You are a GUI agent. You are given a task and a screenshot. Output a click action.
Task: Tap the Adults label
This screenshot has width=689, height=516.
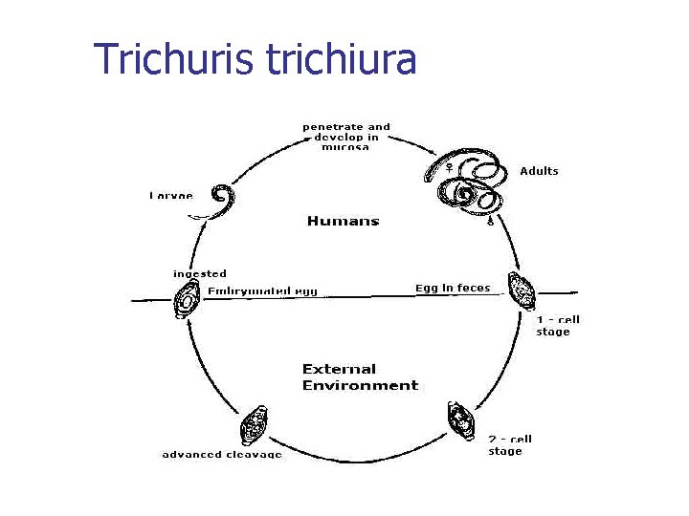(539, 171)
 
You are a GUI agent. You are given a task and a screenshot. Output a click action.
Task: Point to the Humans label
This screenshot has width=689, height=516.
(343, 221)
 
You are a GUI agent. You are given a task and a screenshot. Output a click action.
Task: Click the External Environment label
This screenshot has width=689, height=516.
(360, 376)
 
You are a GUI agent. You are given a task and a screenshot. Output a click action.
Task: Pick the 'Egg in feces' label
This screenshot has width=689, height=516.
(453, 288)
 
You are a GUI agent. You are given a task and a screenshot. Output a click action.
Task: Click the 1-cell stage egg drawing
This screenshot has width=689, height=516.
(523, 290)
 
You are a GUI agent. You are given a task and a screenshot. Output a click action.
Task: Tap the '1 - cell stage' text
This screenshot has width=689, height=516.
(558, 326)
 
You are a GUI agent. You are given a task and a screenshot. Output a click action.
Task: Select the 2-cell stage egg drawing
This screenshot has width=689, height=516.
(458, 421)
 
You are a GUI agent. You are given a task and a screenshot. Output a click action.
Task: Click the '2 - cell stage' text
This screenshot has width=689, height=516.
(509, 444)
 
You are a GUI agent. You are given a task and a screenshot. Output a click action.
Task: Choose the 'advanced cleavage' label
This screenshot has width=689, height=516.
(222, 455)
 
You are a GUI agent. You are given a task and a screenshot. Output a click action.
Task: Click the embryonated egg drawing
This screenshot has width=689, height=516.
(186, 303)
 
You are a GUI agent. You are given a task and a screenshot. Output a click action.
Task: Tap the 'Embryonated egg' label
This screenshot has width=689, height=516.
(262, 290)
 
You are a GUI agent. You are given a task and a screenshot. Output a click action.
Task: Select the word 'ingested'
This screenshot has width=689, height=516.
(200, 274)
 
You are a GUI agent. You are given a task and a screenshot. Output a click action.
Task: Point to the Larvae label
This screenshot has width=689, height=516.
(170, 195)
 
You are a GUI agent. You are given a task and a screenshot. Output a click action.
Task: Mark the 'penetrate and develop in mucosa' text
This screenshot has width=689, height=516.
(346, 138)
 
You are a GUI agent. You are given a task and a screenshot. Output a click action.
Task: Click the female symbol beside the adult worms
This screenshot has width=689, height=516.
(447, 168)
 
